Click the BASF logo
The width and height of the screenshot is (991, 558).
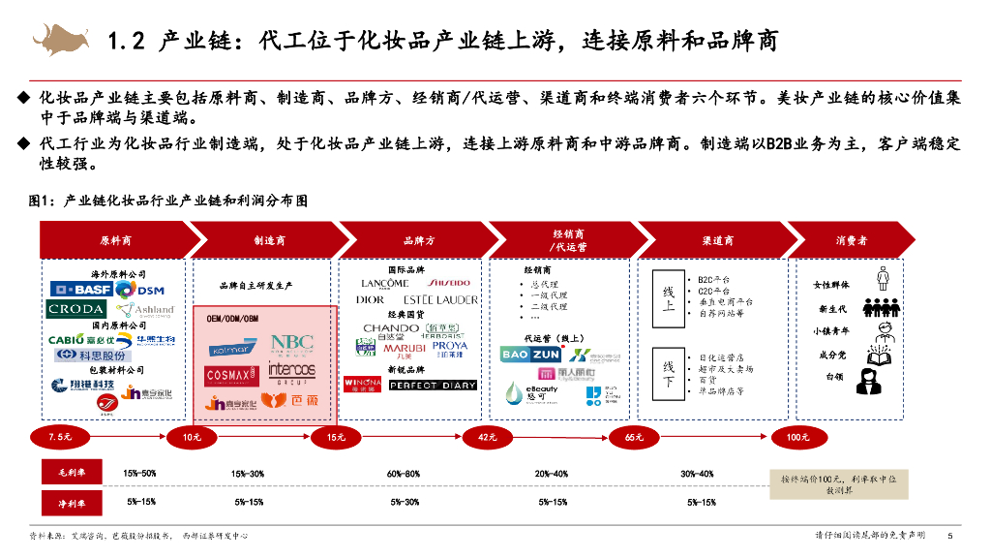pyautogui.click(x=80, y=290)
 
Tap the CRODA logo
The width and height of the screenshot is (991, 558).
pyautogui.click(x=76, y=310)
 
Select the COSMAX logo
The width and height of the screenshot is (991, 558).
pyautogui.click(x=230, y=374)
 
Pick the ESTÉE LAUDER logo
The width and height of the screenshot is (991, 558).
pyautogui.click(x=434, y=299)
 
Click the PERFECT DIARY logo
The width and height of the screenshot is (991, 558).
pyautogui.click(x=433, y=385)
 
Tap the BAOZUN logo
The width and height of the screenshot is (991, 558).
pyautogui.click(x=528, y=355)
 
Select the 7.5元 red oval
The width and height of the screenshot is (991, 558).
pyautogui.click(x=60, y=437)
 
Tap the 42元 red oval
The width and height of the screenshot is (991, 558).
pyautogui.click(x=487, y=437)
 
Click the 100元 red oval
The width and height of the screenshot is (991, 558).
pyautogui.click(x=797, y=437)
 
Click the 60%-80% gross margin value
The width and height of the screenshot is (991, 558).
pyautogui.click(x=404, y=474)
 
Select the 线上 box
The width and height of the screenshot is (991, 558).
pyautogui.click(x=668, y=298)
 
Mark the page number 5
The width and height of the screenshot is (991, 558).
pyautogui.click(x=950, y=536)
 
